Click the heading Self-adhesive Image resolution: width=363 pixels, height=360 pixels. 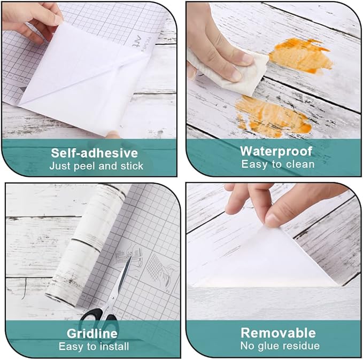coord(94,153)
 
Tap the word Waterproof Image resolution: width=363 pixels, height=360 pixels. coord(276,152)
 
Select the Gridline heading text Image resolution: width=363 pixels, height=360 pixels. coord(92,333)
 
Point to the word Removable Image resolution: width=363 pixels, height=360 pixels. coord(278,333)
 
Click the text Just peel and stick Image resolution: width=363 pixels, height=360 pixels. coord(96,166)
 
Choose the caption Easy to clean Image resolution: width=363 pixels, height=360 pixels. coord(278,165)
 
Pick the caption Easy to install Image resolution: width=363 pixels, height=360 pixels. coord(94,346)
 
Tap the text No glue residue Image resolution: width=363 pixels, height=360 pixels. coord(280,346)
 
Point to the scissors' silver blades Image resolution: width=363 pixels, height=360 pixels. coord(121,280)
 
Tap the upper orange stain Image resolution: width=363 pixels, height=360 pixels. coord(301,56)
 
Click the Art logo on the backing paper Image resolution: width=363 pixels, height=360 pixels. coord(137,42)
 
